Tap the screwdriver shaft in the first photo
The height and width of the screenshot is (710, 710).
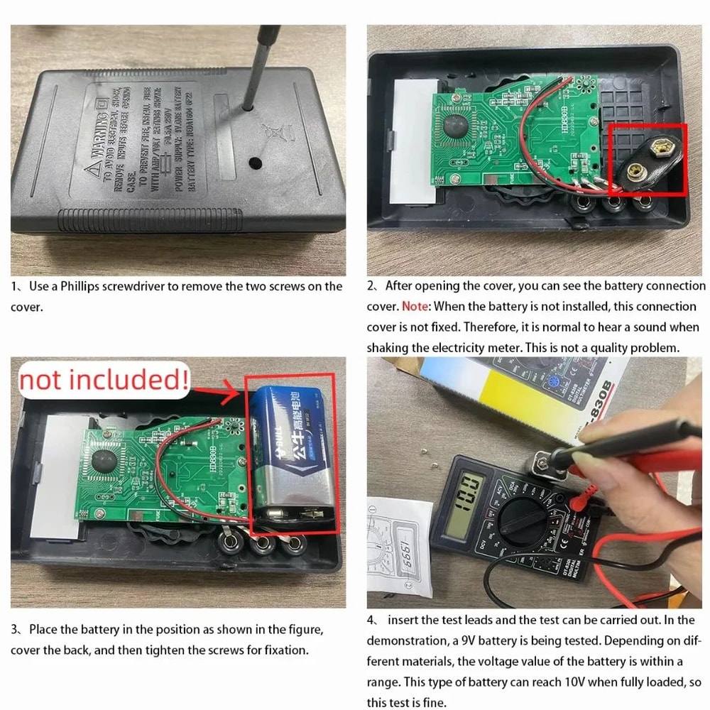(261, 64)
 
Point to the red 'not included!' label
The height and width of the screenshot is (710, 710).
(104, 381)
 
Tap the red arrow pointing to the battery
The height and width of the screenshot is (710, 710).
(217, 388)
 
